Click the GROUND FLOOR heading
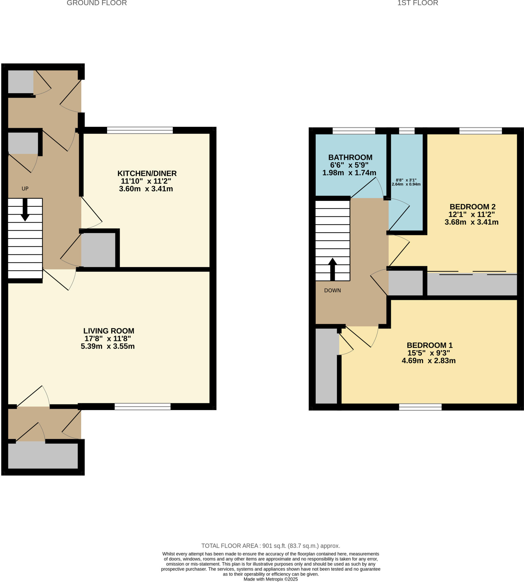point(97,3)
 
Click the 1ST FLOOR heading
point(417,3)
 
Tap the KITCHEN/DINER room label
point(147,173)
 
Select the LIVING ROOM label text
point(109,331)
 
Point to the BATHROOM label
point(350,157)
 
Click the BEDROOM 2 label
point(473,207)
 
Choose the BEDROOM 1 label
point(430,345)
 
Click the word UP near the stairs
point(25,189)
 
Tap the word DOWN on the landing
point(332,290)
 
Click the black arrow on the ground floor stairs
point(25,210)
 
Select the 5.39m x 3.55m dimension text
point(108,346)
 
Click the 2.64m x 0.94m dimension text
point(406,184)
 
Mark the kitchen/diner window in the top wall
point(140,130)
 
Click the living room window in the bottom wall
point(143,406)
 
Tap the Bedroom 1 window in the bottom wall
point(420,407)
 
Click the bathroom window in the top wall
point(354,131)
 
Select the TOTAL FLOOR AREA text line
point(271,546)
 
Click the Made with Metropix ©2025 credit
point(271,579)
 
